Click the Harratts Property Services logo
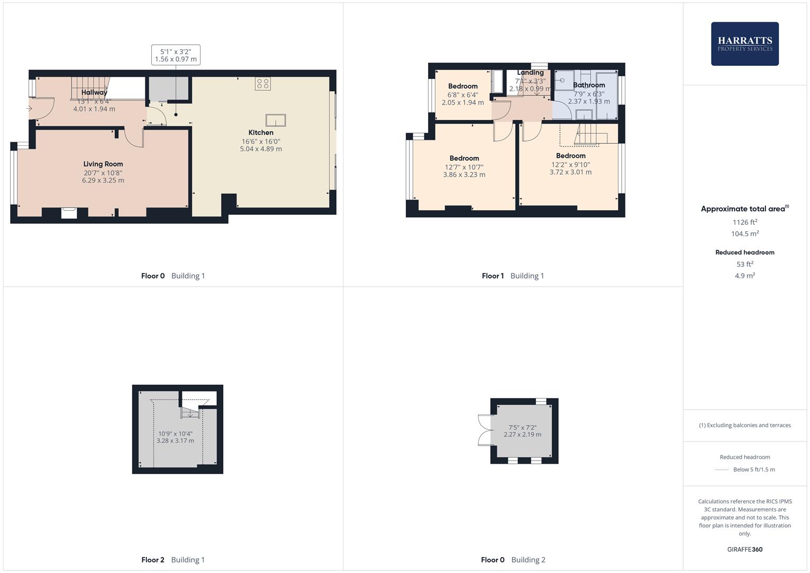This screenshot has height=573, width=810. pos(744,44)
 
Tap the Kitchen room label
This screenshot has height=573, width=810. pos(261,133)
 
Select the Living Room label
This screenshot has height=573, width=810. pos(103,164)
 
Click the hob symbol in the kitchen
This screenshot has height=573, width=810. pos(263,83)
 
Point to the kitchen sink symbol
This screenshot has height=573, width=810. pos(275,120)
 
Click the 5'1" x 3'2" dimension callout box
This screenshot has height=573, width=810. pos(176,55)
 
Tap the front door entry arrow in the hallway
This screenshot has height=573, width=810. pos(29,109)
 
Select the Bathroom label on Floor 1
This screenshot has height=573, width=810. pos(589,85)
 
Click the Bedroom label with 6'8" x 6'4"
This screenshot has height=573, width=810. pos(463,86)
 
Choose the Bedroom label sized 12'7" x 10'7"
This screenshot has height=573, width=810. pos(464,158)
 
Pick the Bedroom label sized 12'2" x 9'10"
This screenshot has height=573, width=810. pos(571,155)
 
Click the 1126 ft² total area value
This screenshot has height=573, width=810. pos(745,222)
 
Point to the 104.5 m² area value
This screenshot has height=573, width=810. pos(745,234)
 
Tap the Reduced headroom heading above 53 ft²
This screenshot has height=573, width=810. pos(745,253)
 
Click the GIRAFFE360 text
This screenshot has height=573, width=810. pos(745,550)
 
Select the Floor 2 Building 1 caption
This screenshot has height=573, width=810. pos(173,560)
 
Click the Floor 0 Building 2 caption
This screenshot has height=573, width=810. pos(513,560)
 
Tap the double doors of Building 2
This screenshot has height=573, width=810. pos(485,430)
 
